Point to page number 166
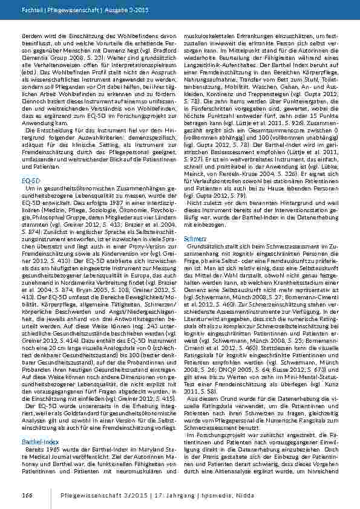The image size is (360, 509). click(x=27, y=495)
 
